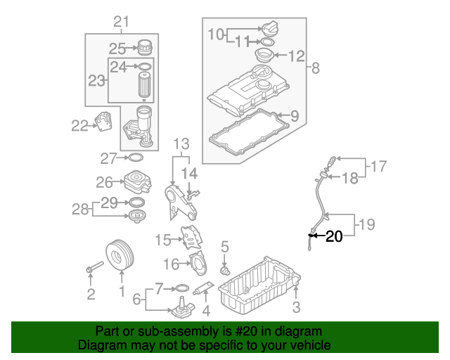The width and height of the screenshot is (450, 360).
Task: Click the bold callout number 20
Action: point(334,237)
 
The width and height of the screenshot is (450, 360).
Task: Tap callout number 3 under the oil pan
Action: point(296,307)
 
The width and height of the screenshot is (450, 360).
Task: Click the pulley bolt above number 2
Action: point(93,268)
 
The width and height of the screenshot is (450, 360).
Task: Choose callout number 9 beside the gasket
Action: point(294,115)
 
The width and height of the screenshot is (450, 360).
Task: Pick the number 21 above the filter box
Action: point(122,22)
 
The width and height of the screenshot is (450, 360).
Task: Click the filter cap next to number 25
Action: point(144,47)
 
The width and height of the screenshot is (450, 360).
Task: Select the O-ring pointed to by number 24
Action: point(144,67)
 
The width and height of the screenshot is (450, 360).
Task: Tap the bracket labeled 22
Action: point(103,122)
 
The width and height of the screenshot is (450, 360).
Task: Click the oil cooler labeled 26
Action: point(136,183)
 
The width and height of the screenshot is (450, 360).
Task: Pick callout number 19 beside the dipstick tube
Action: point(366,225)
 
